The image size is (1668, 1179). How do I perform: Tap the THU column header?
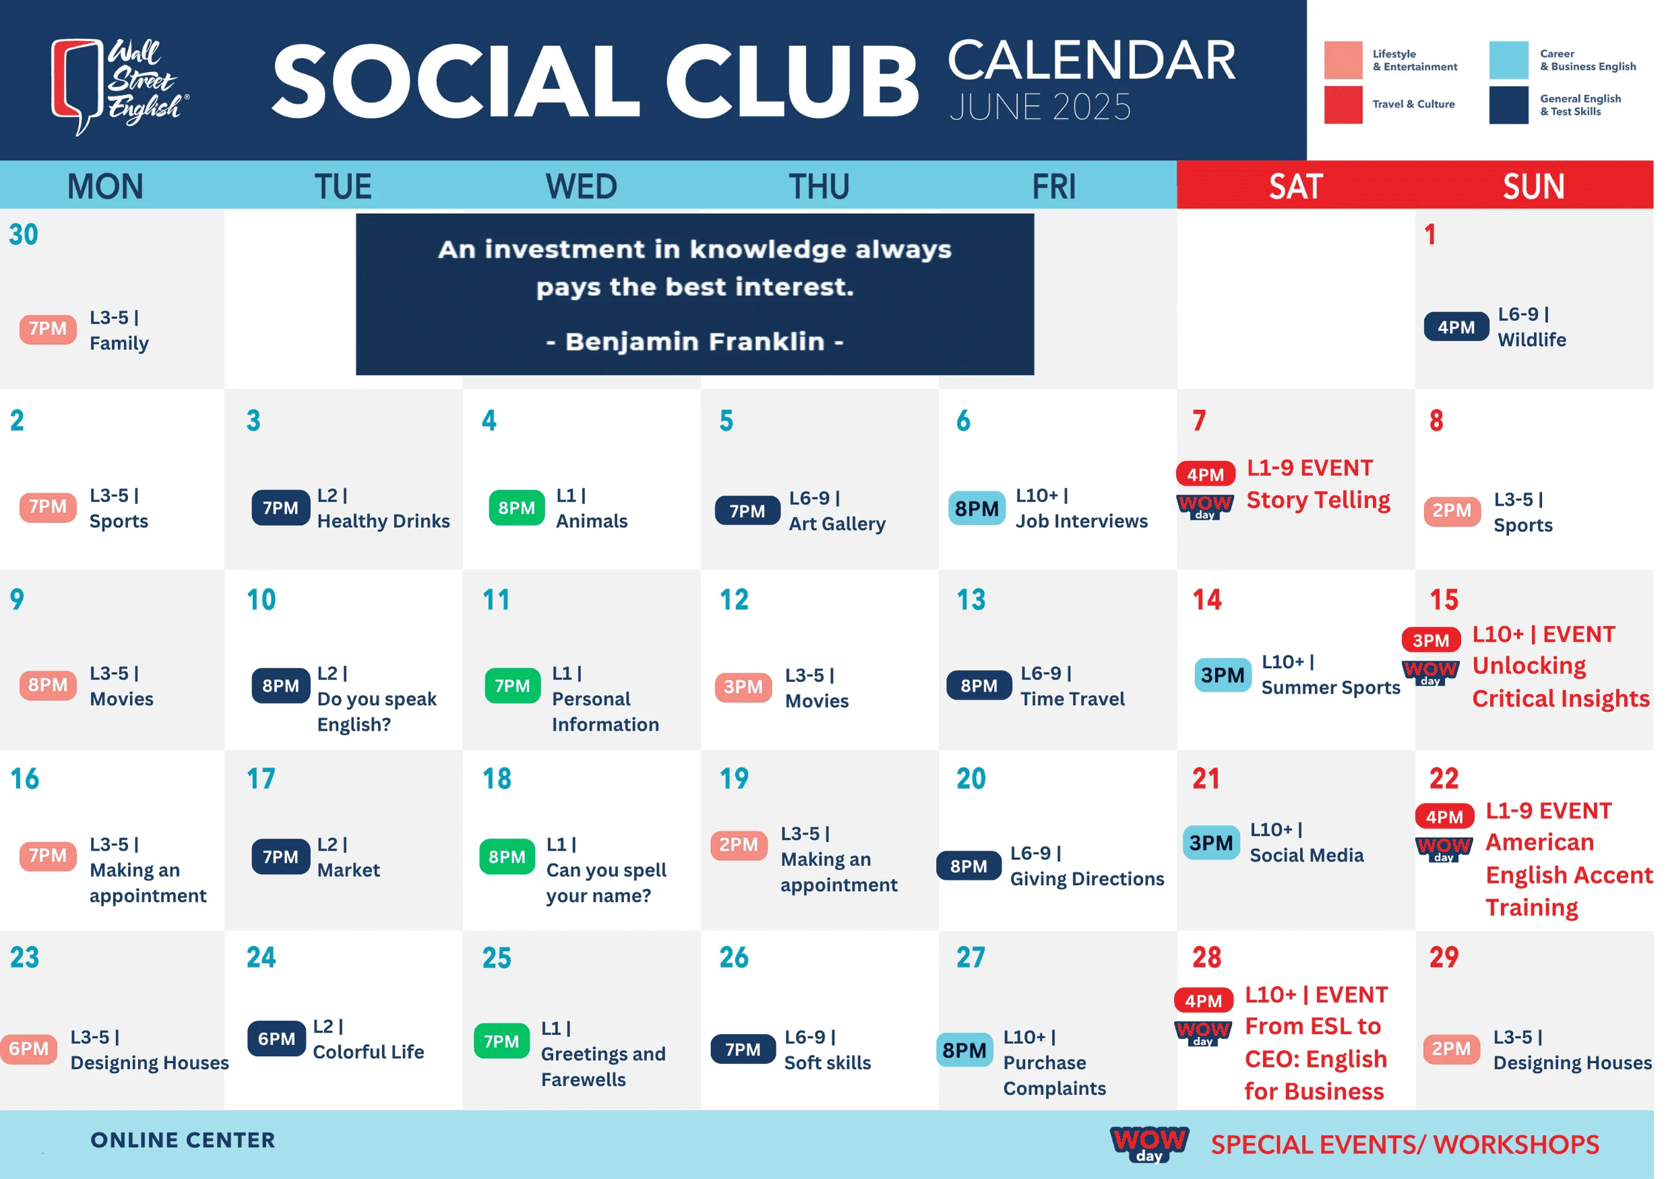[x=819, y=187]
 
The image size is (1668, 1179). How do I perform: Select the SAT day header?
[x=1295, y=187]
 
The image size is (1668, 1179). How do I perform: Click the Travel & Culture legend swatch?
[x=1342, y=104]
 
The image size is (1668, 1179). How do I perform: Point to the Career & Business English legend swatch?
[x=1508, y=59]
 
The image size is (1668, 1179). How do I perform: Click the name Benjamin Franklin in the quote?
[x=695, y=341]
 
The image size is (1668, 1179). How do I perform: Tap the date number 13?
[x=970, y=599]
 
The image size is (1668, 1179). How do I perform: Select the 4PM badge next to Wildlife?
[x=1455, y=327]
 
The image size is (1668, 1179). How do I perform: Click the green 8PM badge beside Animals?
[x=516, y=508]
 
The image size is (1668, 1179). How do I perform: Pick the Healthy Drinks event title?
[x=383, y=521]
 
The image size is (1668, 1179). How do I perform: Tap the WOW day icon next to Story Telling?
[x=1204, y=506]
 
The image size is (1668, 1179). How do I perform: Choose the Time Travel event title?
[x=1072, y=699]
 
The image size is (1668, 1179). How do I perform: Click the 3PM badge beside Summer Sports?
[x=1222, y=675]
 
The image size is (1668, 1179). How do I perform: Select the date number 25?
[x=497, y=957]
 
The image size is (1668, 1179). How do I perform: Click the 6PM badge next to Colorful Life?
[x=276, y=1039]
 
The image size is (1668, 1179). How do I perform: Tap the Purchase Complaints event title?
[x=1054, y=1075]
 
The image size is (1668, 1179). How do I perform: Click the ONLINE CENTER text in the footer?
[x=183, y=1140]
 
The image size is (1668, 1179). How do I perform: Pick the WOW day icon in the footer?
[x=1148, y=1144]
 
